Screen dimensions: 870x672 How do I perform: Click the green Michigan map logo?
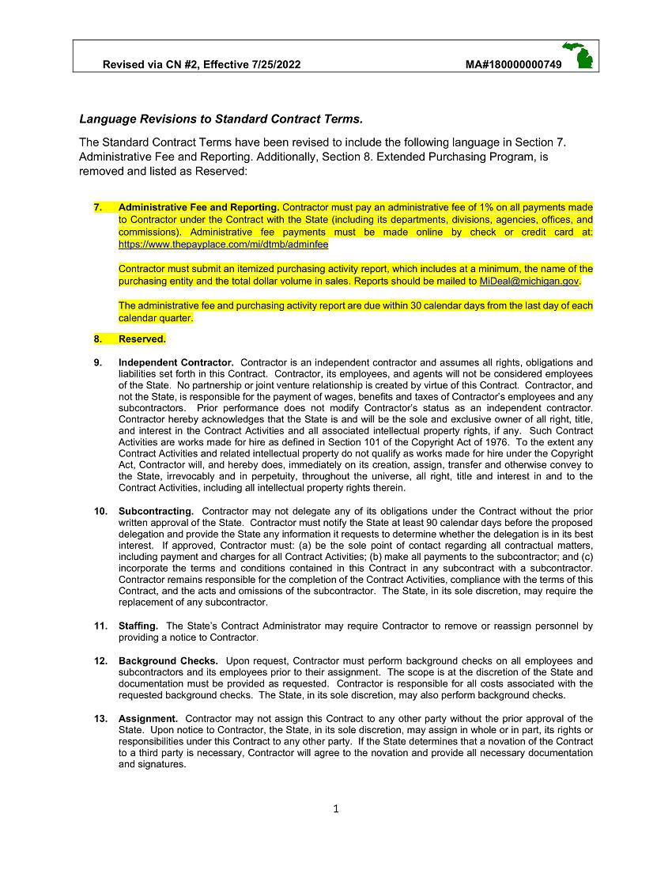[x=580, y=55]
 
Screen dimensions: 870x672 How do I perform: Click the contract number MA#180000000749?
[x=514, y=64]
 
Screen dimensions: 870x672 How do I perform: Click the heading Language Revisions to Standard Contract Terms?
[x=221, y=119]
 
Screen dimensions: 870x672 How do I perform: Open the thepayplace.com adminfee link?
[x=224, y=245]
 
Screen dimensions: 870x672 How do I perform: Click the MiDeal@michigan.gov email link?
[x=530, y=282]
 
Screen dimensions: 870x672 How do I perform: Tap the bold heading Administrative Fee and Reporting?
[x=198, y=207]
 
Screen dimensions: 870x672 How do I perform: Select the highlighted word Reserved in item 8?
[x=142, y=339]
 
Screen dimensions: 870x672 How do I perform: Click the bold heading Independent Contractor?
[x=176, y=363]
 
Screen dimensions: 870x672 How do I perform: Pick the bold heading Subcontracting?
[x=156, y=512]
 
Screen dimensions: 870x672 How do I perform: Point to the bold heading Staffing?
[x=138, y=626]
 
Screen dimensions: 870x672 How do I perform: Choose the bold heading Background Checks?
[x=168, y=660]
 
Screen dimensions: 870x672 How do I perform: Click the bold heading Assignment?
[x=148, y=719]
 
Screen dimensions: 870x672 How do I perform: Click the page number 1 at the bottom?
[x=336, y=808]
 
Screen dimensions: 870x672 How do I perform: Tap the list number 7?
[x=98, y=207]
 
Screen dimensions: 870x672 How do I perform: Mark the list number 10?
[x=100, y=512]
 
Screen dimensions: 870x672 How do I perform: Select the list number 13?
[x=100, y=719]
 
